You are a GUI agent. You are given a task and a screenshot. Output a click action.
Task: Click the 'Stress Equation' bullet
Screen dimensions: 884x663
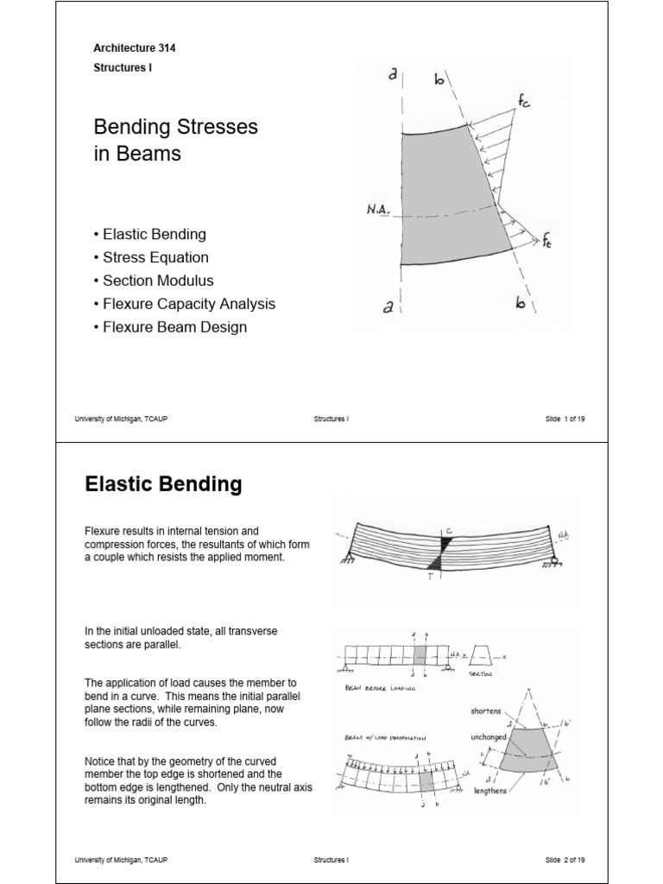click(155, 257)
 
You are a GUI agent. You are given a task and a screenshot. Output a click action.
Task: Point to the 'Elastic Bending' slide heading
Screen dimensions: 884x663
click(163, 485)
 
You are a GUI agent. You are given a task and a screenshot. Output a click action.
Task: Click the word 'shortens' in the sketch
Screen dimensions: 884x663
click(486, 711)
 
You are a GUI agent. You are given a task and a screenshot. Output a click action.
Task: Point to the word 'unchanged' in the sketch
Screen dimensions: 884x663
click(489, 738)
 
